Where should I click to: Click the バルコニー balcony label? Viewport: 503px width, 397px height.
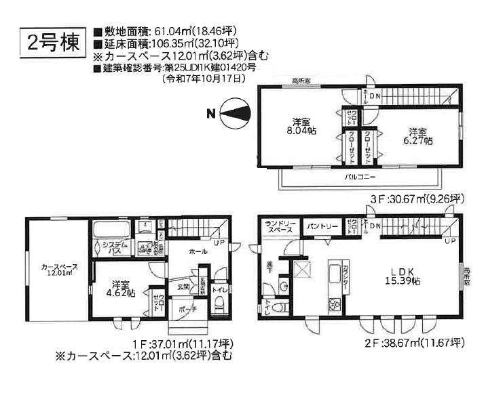tap(357, 175)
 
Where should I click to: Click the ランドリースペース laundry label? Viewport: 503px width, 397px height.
tap(280, 226)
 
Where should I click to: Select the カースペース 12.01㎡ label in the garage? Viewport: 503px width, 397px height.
tap(58, 270)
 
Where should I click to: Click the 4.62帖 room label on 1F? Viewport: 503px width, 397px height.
tap(122, 289)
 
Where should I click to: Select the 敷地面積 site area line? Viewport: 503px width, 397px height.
tap(166, 30)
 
